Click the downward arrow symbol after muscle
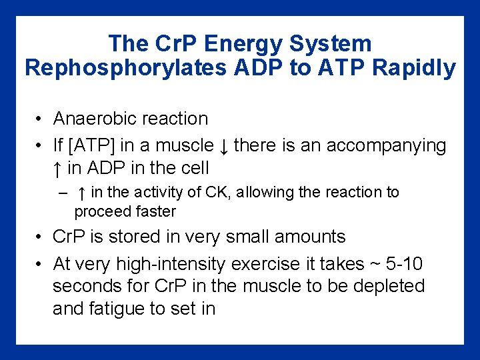click(225, 145)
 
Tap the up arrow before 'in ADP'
click(58, 168)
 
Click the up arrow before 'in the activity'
click(81, 193)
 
